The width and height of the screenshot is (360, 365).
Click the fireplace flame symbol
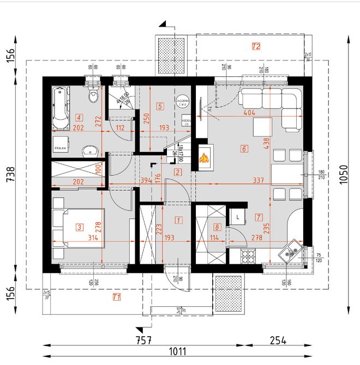204,159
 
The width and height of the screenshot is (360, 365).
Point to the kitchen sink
289,251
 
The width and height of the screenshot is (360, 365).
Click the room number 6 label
244,148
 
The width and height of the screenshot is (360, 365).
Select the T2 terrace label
255,46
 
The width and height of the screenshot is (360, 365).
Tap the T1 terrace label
115,297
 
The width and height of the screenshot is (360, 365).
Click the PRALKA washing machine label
60,148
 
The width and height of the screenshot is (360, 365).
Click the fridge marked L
239,216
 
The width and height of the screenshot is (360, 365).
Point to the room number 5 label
159,106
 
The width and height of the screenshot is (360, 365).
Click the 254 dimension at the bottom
277,342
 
